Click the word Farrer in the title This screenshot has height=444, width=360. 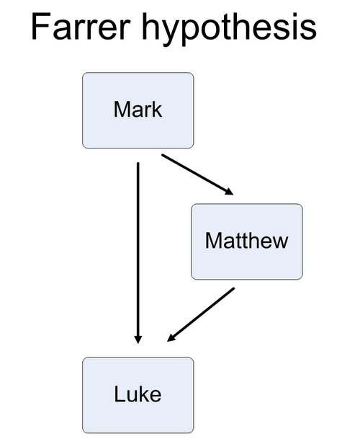pos(81,26)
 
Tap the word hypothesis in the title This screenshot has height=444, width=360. pos(229,29)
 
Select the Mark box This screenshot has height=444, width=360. pos(138,110)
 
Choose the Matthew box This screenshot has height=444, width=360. pos(247,241)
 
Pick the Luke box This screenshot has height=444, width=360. pos(138,395)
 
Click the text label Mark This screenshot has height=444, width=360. pos(138,110)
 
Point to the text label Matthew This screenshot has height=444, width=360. pos(246,241)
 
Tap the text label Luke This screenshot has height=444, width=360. pos(138,394)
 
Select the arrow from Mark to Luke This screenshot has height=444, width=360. pos(138,253)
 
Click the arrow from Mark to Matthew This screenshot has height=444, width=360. pos(197,174)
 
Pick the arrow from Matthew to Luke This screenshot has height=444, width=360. pos(201,314)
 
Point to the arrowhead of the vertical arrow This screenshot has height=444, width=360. pos(138,339)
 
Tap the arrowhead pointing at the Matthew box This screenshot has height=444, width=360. pos(230,192)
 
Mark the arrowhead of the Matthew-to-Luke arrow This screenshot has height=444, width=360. pos(171,338)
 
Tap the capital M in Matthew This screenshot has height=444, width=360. pos(213,241)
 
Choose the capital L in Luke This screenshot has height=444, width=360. pos(120,394)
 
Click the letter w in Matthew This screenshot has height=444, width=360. pos(279,243)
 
